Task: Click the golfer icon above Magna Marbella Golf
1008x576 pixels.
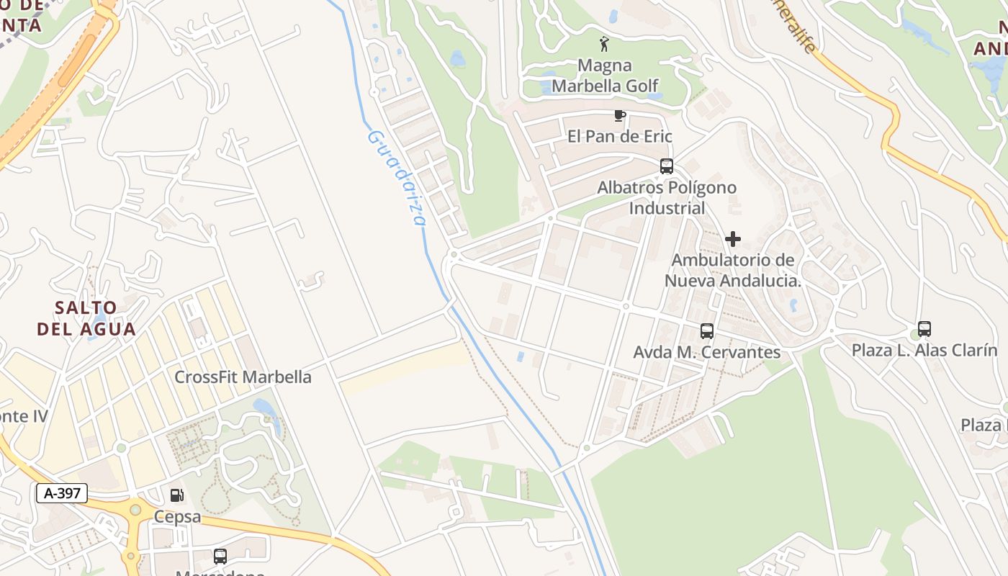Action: click(x=604, y=44)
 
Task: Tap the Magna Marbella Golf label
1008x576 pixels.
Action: click(x=605, y=76)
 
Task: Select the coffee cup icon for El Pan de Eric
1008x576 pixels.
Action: click(x=619, y=115)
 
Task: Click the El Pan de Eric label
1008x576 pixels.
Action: click(x=619, y=136)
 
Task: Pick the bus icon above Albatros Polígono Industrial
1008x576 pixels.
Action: click(x=667, y=166)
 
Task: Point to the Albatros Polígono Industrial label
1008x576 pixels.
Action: click(x=667, y=198)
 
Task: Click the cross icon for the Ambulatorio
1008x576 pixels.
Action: click(x=733, y=238)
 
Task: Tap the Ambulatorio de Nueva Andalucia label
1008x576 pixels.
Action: click(x=733, y=270)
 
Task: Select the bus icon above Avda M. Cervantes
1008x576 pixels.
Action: click(x=707, y=331)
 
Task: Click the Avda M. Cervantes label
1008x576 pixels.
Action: click(x=706, y=352)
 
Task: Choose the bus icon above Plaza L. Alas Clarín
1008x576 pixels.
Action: click(x=924, y=329)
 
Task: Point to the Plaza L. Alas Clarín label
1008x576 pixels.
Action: click(x=924, y=350)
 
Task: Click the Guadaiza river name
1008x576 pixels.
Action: click(x=397, y=177)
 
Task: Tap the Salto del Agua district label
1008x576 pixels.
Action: click(x=86, y=318)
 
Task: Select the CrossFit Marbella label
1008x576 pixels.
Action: click(x=243, y=377)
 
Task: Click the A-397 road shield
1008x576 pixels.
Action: click(x=62, y=493)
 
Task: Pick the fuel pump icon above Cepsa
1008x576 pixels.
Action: click(x=176, y=495)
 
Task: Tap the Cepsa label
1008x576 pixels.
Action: click(x=177, y=517)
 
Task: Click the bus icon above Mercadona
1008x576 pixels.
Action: click(x=220, y=556)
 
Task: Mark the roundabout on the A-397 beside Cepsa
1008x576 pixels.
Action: click(x=135, y=510)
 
